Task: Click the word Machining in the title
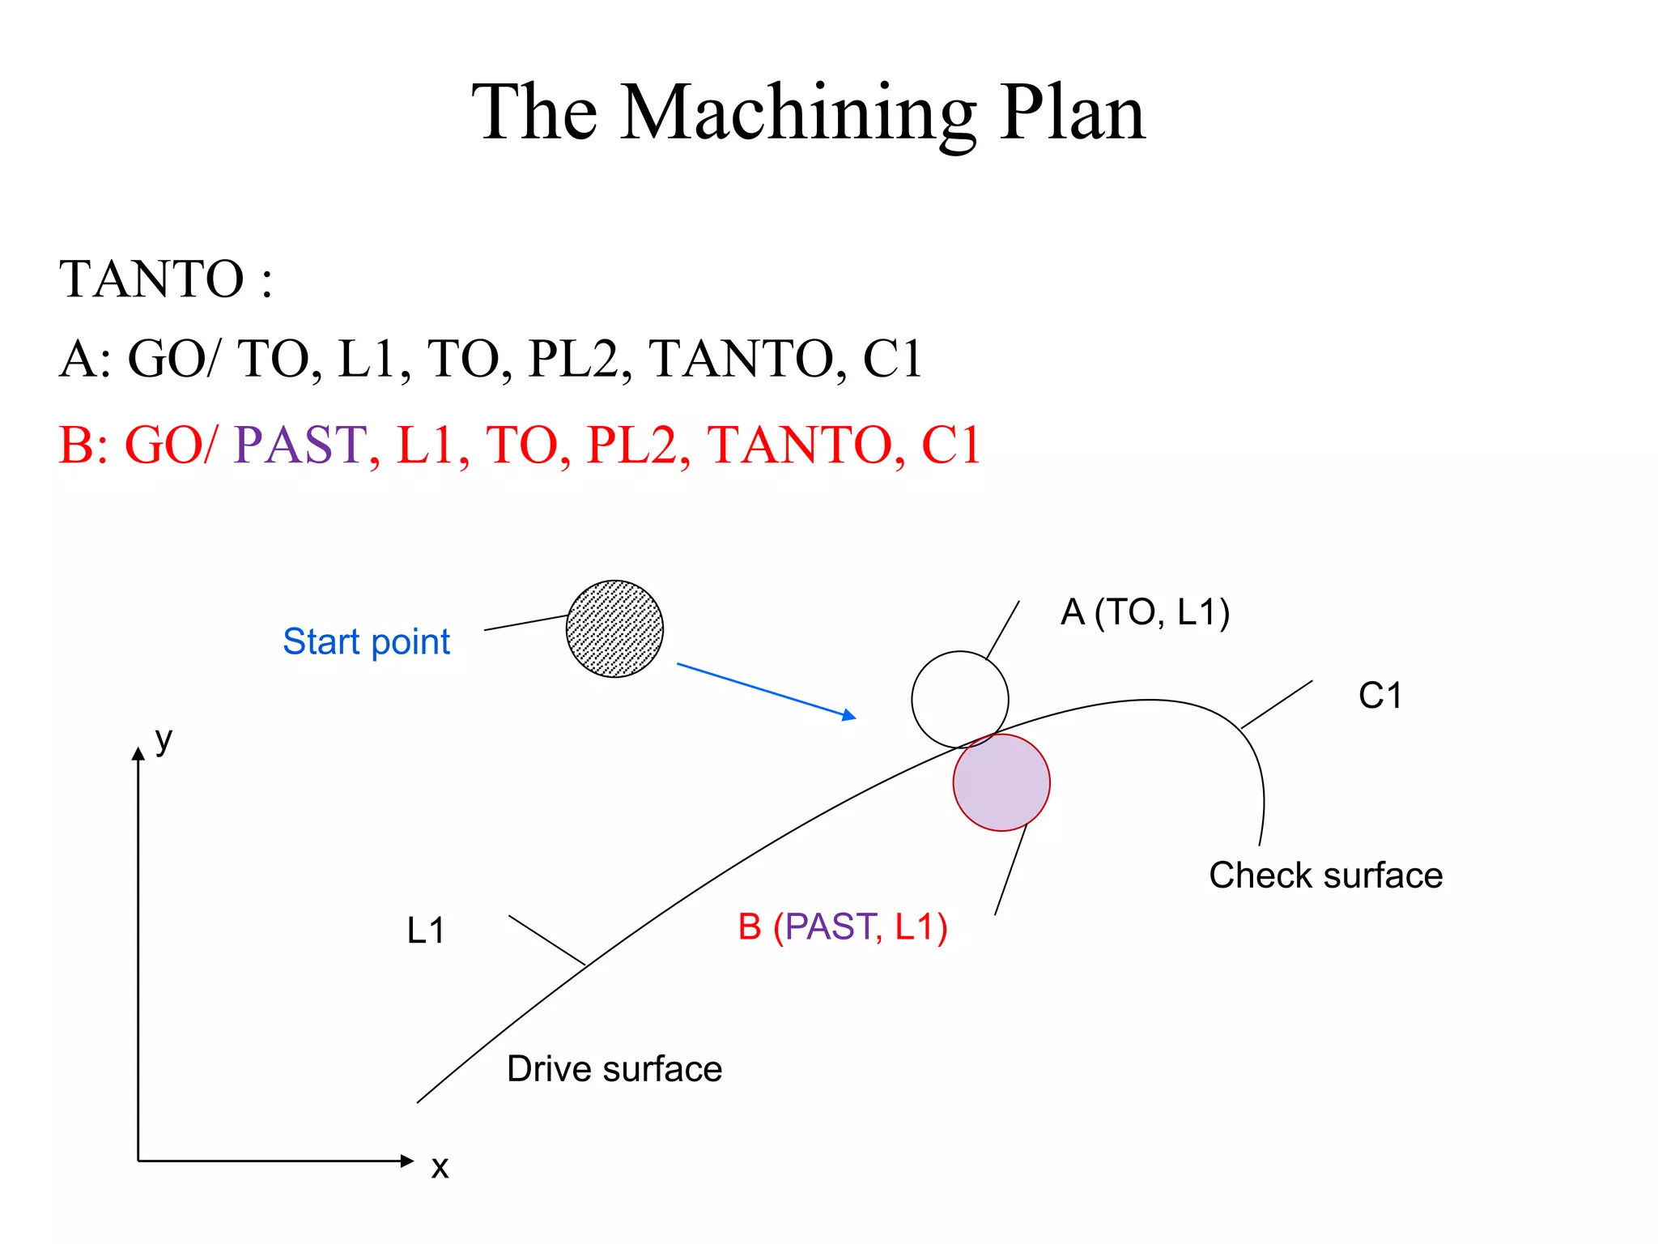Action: [x=797, y=113]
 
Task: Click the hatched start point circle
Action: [x=614, y=628]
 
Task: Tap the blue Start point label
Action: [x=366, y=641]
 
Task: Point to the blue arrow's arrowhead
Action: [x=849, y=715]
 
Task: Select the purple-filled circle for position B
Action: [x=1001, y=782]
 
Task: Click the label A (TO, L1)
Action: [x=1145, y=612]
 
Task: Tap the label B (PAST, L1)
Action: [x=842, y=927]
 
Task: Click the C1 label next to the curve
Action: [x=1380, y=696]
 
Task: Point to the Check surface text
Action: [x=1325, y=875]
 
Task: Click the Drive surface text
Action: [x=614, y=1069]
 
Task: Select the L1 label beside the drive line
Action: [x=426, y=931]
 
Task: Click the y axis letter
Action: [x=164, y=739]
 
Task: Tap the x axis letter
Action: [x=440, y=1167]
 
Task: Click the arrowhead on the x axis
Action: [x=407, y=1161]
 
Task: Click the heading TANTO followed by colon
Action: [x=165, y=279]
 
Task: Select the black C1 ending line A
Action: [x=892, y=359]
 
